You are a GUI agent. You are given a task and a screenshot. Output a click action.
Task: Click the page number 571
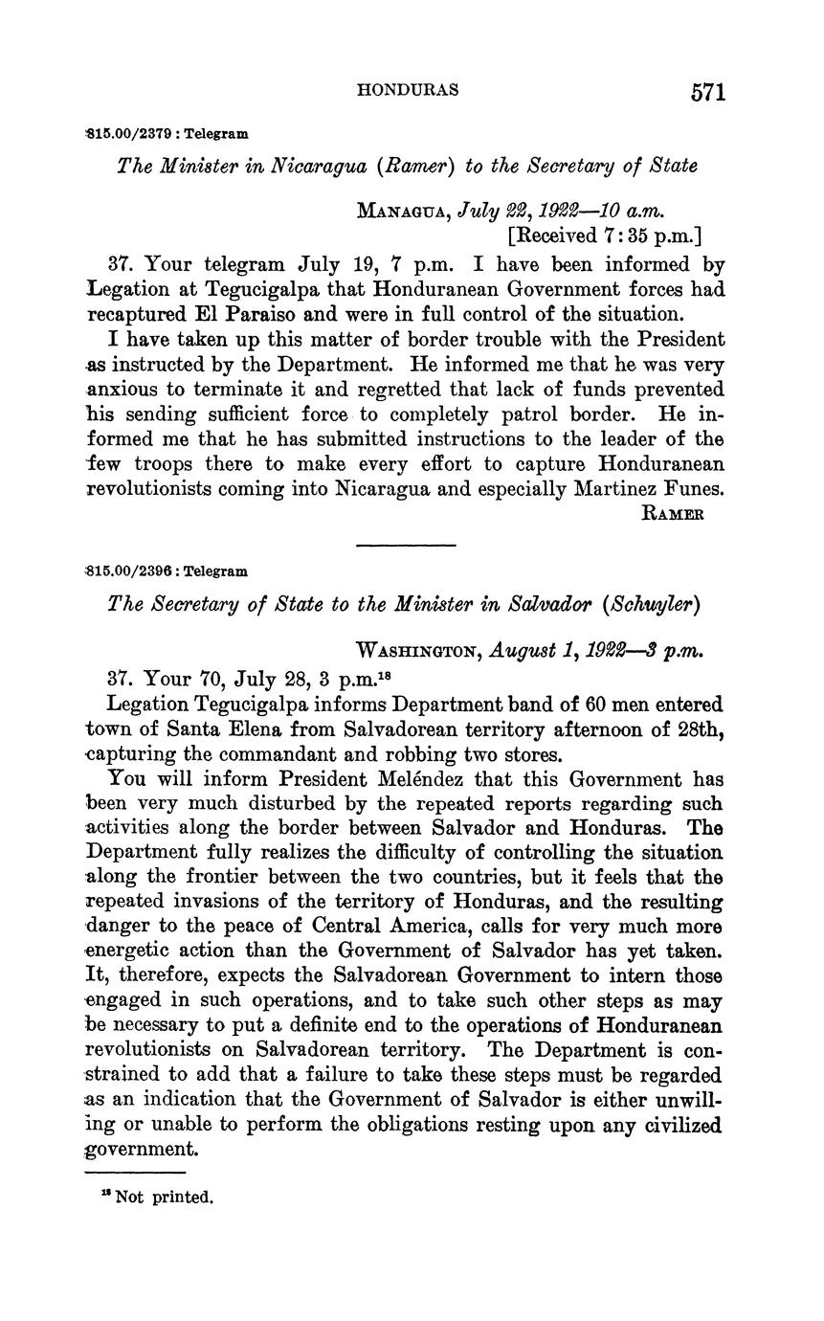coord(706,93)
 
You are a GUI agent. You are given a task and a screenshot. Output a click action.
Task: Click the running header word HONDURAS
coord(407,90)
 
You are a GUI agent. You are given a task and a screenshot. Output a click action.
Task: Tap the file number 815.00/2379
coord(129,134)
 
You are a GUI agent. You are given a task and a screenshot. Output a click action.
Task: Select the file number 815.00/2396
coord(130,571)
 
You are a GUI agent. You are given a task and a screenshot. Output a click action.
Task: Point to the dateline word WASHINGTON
coord(418,650)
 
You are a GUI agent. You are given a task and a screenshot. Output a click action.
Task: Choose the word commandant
coord(230,754)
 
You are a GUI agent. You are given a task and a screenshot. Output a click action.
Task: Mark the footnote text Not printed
coord(164,1197)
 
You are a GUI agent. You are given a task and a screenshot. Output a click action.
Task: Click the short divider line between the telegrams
coord(406,546)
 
